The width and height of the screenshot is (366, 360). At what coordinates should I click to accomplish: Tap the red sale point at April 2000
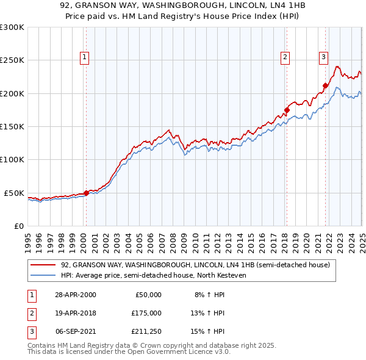tap(86, 193)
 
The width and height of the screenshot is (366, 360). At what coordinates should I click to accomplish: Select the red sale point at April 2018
tap(286, 110)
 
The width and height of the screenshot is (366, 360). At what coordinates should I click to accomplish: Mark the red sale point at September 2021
tap(325, 86)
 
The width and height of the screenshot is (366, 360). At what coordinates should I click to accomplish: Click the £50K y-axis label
tap(14, 193)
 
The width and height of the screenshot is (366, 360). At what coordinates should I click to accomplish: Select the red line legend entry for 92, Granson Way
tap(195, 265)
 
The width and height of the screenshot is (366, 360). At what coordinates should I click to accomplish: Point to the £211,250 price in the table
tap(145, 332)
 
